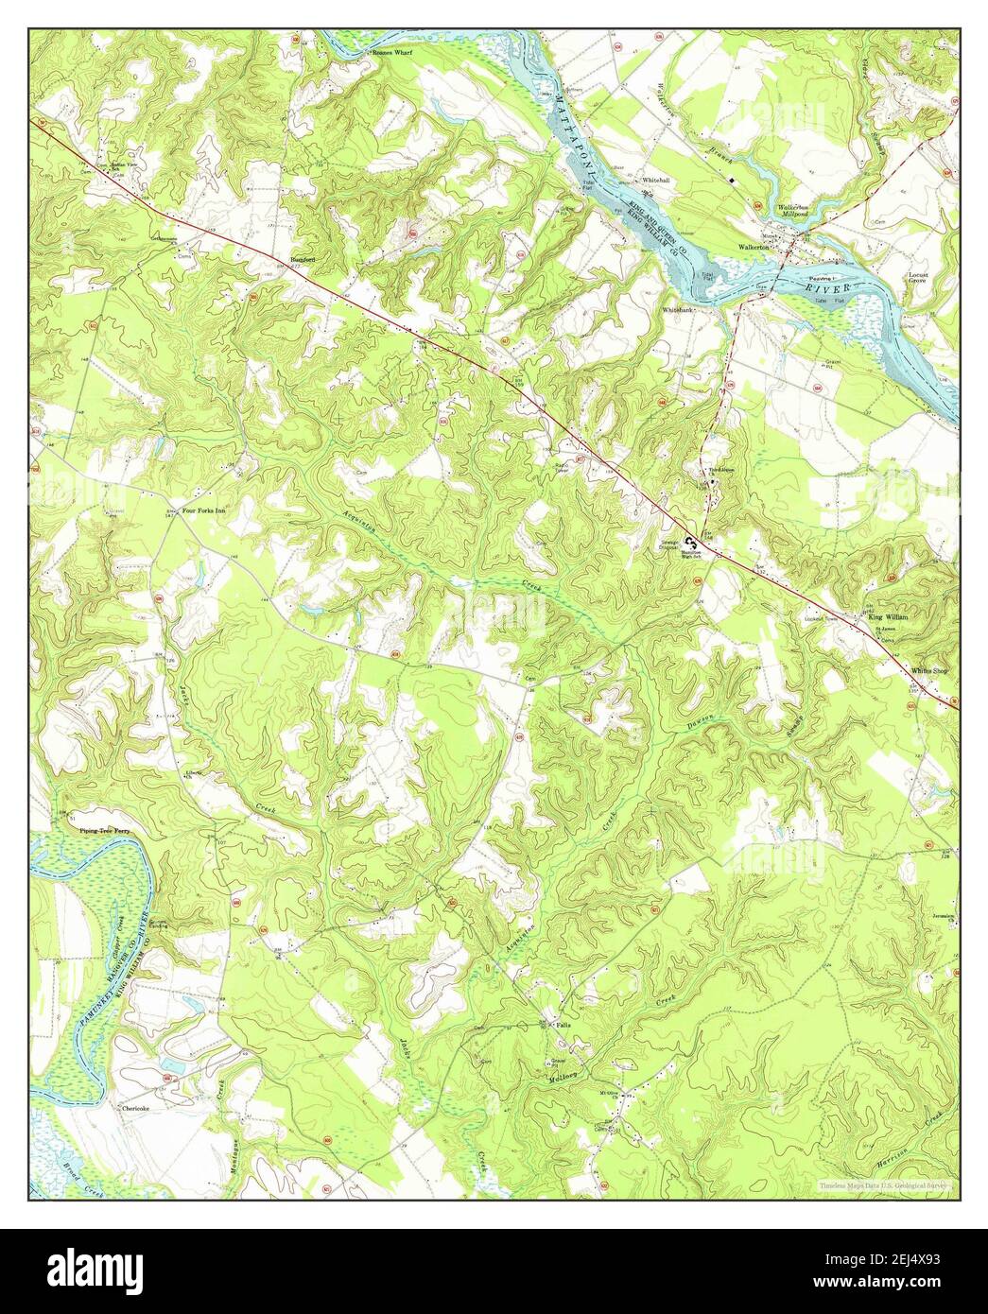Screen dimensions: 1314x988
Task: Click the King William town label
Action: pyautogui.click(x=889, y=616)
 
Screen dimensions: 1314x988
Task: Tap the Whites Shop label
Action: pyautogui.click(x=928, y=670)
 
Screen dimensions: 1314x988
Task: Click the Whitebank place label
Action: pyautogui.click(x=678, y=309)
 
